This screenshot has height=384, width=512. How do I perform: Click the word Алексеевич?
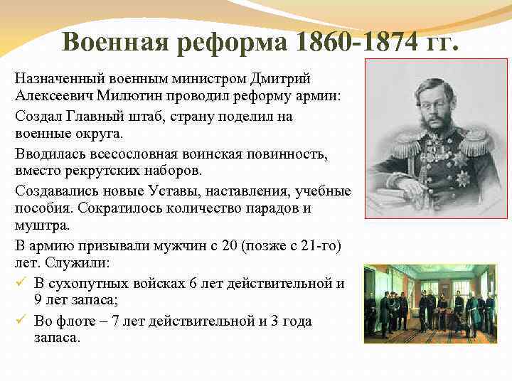(x=54, y=96)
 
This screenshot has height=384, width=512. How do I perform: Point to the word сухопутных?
(x=85, y=284)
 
